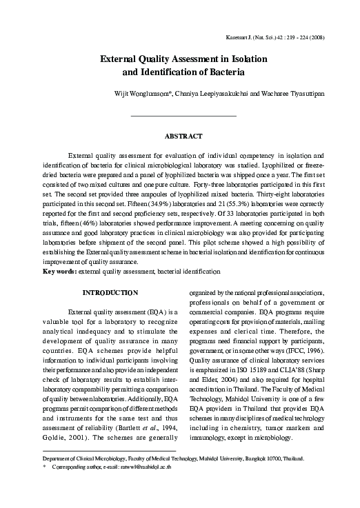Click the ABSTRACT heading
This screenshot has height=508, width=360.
183,136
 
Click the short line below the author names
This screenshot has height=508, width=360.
183,115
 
